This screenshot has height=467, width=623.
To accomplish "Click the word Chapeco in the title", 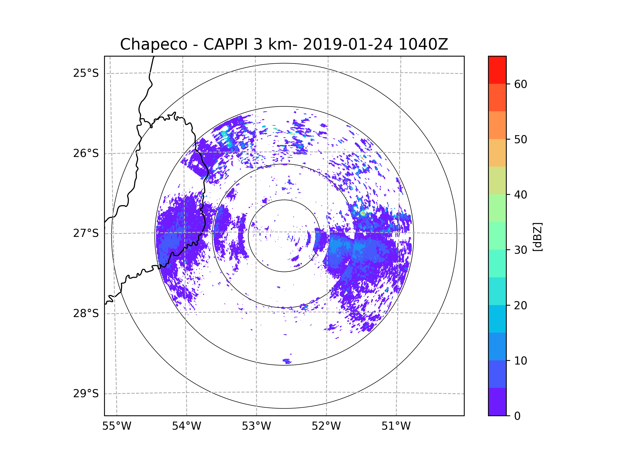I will click(x=153, y=44).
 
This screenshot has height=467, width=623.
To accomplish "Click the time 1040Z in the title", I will click(x=423, y=44).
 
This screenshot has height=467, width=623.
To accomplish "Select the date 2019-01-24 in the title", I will click(x=348, y=44).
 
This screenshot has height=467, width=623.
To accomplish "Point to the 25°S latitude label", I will click(x=86, y=73).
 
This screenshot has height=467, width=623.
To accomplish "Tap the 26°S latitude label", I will click(x=86, y=153).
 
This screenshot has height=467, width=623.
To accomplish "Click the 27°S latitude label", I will click(x=86, y=233).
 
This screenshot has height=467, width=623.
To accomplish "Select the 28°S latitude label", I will click(x=86, y=313).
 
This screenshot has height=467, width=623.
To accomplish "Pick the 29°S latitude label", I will click(x=86, y=394).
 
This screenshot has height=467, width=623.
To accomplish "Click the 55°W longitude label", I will click(x=117, y=426).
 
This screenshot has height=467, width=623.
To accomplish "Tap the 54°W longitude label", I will click(x=186, y=426).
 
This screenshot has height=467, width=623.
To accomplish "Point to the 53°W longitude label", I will click(x=256, y=426).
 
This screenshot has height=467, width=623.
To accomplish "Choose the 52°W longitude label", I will click(x=326, y=426).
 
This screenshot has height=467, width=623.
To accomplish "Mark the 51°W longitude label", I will click(x=396, y=426).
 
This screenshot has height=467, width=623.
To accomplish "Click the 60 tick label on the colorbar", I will click(x=520, y=84).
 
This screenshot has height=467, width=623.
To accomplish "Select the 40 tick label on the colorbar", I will click(x=520, y=195).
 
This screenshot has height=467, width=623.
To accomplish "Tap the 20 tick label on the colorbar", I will click(x=520, y=305).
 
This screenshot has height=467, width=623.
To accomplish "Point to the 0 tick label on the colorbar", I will click(x=517, y=416).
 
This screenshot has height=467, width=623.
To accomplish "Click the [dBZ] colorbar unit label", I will click(x=537, y=237).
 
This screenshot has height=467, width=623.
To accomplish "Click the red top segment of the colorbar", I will click(x=497, y=70).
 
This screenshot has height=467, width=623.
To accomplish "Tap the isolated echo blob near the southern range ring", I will click(x=287, y=361).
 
